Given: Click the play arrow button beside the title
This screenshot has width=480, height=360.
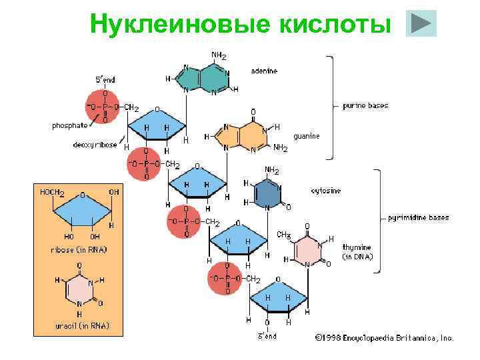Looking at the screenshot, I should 421,23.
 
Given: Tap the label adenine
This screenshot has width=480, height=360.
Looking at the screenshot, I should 265,70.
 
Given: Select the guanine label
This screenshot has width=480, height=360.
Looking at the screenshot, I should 307,135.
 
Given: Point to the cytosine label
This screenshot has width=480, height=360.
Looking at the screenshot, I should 325,191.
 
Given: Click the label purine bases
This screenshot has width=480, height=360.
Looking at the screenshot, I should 365,105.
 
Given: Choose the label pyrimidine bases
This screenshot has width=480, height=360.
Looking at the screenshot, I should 419,217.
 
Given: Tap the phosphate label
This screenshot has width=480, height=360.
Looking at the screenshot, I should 70,125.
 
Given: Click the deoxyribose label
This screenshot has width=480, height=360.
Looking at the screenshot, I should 95,144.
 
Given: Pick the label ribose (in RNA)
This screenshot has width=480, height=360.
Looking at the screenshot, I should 78,249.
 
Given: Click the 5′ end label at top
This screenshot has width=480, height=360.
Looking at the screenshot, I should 105,79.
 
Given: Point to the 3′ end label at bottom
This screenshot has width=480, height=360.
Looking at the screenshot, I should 267,336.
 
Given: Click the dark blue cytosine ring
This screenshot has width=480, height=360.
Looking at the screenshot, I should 267,193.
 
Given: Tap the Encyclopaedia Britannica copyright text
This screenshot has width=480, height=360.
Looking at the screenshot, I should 384,338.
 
